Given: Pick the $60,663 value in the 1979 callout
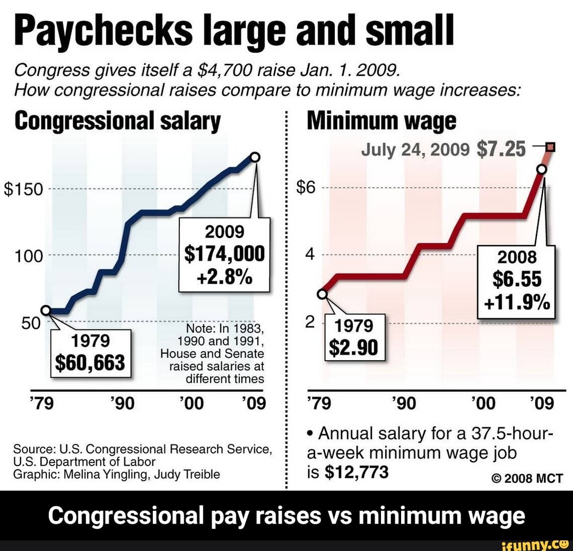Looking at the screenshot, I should [90, 363].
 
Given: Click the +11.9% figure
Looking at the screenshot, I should [516, 303].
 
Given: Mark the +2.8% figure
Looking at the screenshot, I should [225, 277].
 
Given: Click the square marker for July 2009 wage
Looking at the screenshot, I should [550, 147].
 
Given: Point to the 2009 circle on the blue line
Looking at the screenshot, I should [255, 157].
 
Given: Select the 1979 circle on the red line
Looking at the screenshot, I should [322, 294].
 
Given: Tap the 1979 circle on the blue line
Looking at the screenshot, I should [46, 310].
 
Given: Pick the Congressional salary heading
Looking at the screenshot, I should [117, 121].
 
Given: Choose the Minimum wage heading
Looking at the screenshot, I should [381, 121].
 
